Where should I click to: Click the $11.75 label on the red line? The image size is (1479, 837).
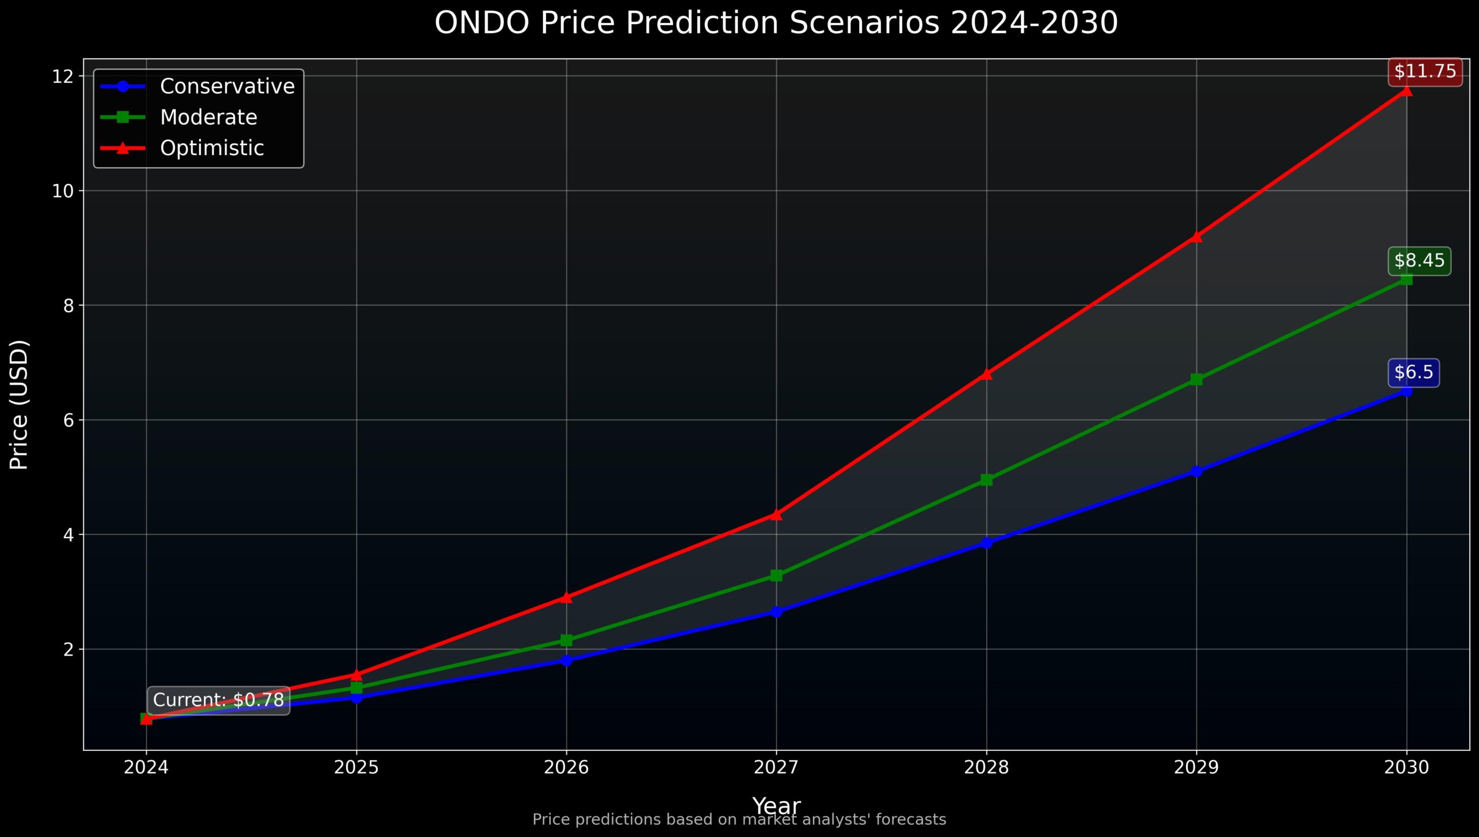click(1425, 72)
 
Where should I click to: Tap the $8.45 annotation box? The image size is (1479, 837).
click(1419, 261)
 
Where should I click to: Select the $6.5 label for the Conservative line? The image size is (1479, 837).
click(1413, 372)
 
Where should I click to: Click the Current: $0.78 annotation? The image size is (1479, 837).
click(218, 700)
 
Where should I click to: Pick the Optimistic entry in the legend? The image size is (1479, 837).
click(211, 148)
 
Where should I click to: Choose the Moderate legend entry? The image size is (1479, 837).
click(208, 117)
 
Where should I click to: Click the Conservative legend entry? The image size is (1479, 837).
click(227, 86)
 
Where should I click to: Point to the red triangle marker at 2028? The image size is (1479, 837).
click(986, 373)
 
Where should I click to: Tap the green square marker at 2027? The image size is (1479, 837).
click(776, 575)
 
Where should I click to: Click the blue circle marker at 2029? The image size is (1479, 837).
click(1196, 471)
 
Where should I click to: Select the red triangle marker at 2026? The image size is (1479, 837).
click(566, 597)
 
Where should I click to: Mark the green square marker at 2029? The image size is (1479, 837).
click(1196, 379)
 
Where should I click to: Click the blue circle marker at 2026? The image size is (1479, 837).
click(566, 660)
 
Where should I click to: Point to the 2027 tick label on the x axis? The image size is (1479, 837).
click(776, 767)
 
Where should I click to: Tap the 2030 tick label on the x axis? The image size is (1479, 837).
click(1406, 767)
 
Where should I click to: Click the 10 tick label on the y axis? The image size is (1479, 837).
click(64, 191)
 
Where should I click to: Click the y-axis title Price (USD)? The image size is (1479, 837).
click(19, 405)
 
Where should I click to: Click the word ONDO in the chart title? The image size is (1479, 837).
click(482, 23)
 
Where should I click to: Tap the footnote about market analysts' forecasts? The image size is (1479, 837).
click(739, 820)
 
